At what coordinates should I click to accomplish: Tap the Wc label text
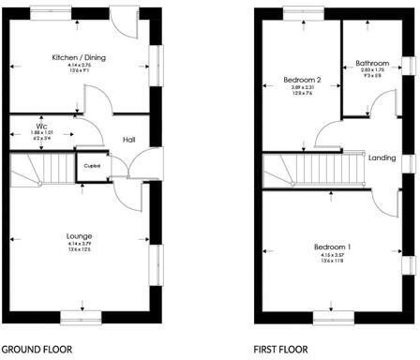pos(42,126)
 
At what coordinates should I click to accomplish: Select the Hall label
pos(128,140)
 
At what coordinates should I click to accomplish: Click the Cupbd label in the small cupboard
pos(92,166)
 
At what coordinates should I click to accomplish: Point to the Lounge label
pos(79,234)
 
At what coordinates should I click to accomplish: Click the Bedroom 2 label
pos(302,81)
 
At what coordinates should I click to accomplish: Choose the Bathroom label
pos(372,65)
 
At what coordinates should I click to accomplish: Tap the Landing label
pos(381,157)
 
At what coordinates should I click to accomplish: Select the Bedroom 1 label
pos(335,221)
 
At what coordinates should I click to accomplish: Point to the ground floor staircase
pos(40,170)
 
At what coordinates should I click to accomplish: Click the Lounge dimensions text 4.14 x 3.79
pos(79,244)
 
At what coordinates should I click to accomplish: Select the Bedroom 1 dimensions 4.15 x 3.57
pos(335,230)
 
